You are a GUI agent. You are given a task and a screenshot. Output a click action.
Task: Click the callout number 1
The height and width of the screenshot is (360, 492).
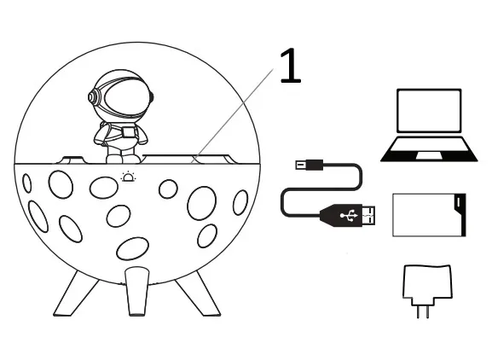pyautogui.click(x=291, y=66)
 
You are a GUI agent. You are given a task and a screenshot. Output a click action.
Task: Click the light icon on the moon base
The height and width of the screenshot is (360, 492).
pyautogui.click(x=129, y=177)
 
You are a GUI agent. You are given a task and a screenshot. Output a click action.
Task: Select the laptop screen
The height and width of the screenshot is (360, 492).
pyautogui.click(x=429, y=111)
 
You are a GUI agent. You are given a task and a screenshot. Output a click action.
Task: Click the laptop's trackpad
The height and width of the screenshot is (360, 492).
pyautogui.click(x=429, y=155)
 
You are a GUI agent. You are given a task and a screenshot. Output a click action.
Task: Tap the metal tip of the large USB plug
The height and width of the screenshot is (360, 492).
pyautogui.click(x=369, y=216)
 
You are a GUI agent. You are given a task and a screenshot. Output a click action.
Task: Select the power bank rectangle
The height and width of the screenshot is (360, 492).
pyautogui.click(x=429, y=215)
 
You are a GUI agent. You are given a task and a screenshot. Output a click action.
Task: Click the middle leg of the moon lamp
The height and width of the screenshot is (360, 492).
pyautogui.click(x=137, y=291)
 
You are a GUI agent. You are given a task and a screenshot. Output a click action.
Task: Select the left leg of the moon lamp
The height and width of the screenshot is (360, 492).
pyautogui.click(x=75, y=294)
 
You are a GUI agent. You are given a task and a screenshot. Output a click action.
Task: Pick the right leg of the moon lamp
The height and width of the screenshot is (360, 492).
pyautogui.click(x=198, y=294)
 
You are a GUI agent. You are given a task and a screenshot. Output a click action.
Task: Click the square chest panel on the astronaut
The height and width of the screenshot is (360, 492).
pyautogui.click(x=129, y=132)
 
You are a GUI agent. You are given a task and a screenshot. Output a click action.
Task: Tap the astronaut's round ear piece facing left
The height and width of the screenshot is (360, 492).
pyautogui.click(x=93, y=97)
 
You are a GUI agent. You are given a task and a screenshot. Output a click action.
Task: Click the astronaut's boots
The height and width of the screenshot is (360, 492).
pyautogui.click(x=123, y=159)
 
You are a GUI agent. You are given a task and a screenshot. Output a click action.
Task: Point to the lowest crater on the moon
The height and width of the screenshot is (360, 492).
pyautogui.click(x=132, y=248)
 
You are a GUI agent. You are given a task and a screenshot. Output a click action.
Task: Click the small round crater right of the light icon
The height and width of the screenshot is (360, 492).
pyautogui.click(x=168, y=189)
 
